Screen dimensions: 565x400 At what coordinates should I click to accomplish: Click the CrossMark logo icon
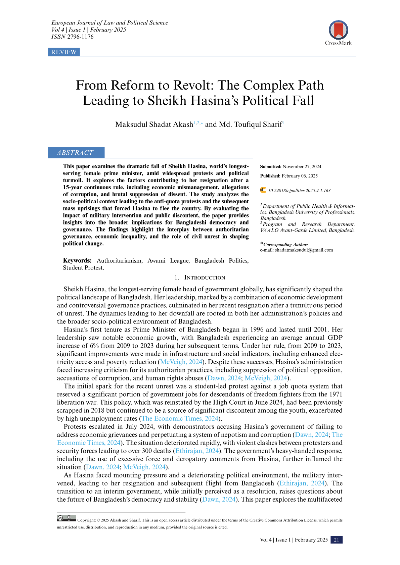(x=338, y=30)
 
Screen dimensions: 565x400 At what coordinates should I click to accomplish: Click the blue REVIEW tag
(x=64, y=52)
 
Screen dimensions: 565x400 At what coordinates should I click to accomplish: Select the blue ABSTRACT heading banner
(x=76, y=153)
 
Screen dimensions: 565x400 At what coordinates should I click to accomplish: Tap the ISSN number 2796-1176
(x=80, y=37)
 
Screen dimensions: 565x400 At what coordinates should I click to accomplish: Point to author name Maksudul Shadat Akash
(x=154, y=124)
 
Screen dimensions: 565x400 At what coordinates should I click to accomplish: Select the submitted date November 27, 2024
(x=302, y=167)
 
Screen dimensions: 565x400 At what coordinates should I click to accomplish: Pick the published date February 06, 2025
(x=300, y=176)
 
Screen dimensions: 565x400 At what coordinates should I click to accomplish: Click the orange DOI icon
(x=263, y=190)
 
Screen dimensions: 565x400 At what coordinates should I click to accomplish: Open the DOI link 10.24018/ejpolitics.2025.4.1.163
(x=299, y=191)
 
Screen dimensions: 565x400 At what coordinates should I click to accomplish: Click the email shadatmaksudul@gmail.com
(x=304, y=250)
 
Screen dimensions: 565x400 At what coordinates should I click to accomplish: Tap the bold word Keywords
(x=77, y=261)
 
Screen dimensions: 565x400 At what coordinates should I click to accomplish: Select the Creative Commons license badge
(x=66, y=518)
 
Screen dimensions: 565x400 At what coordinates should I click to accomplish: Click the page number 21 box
(x=337, y=540)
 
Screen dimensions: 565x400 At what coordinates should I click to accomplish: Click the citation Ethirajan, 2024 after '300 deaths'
(x=197, y=451)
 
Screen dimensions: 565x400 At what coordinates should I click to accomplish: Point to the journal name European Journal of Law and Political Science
(x=109, y=23)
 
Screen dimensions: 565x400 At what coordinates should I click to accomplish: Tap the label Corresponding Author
(x=285, y=245)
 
